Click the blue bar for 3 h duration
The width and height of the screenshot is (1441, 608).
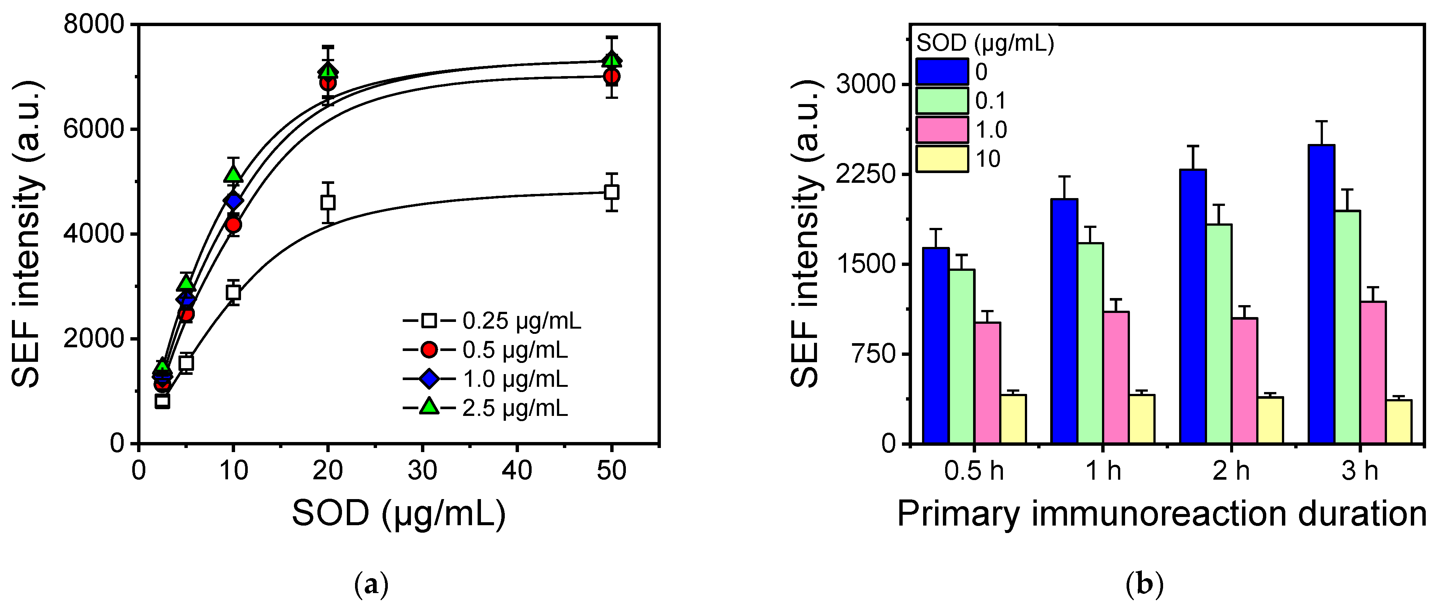pyautogui.click(x=1321, y=294)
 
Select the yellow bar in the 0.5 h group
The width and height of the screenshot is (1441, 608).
pyautogui.click(x=1013, y=419)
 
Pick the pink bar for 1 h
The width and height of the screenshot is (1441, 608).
pyautogui.click(x=1116, y=377)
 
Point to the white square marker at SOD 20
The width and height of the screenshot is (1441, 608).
pyautogui.click(x=328, y=202)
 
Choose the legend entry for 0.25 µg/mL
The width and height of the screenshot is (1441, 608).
pyautogui.click(x=492, y=321)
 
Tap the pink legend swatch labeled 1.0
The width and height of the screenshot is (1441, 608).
pyautogui.click(x=942, y=130)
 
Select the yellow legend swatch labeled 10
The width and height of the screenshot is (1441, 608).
pyautogui.click(x=942, y=159)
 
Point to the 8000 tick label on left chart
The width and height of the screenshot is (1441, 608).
pyautogui.click(x=93, y=25)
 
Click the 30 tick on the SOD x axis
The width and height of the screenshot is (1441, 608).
pyautogui.click(x=422, y=470)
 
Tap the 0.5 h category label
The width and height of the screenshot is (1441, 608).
pyautogui.click(x=974, y=470)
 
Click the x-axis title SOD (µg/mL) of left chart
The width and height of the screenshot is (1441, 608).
pyautogui.click(x=398, y=513)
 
